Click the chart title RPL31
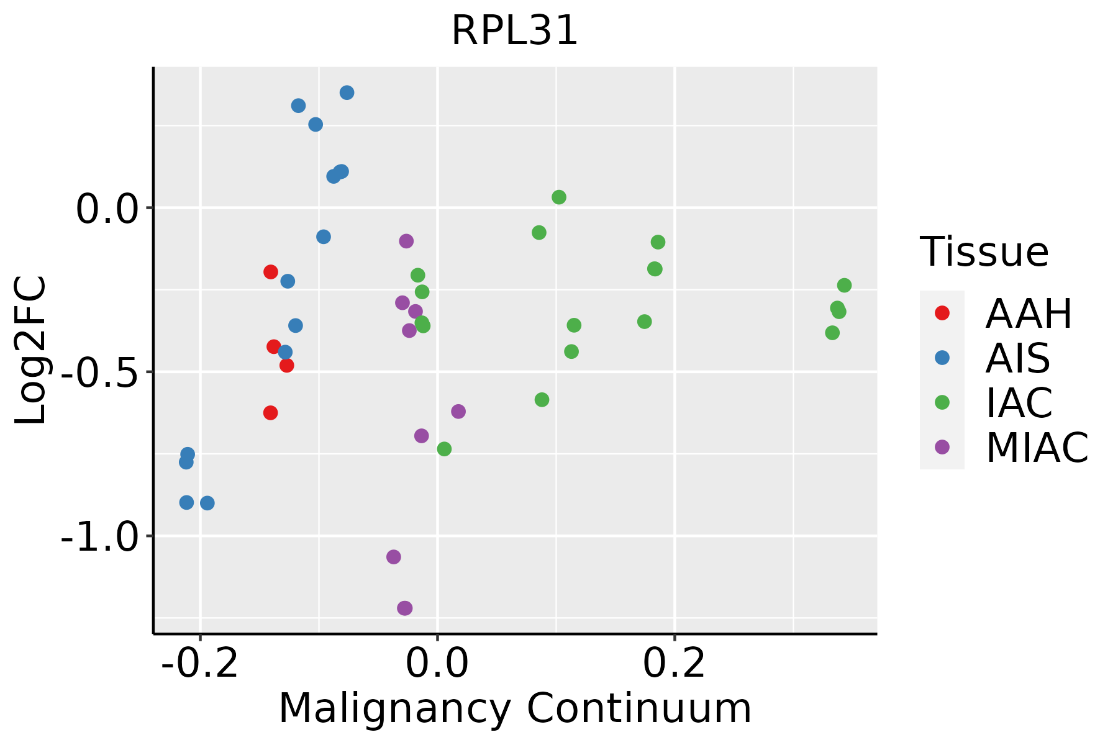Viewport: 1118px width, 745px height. pyautogui.click(x=514, y=31)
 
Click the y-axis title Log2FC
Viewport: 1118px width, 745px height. pyautogui.click(x=31, y=351)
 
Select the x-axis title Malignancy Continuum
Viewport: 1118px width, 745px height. pyautogui.click(x=514, y=708)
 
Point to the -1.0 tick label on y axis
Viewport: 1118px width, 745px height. pyautogui.click(x=99, y=536)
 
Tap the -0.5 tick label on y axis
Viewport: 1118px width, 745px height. pyautogui.click(x=99, y=372)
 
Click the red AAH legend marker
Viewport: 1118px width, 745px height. pyautogui.click(x=942, y=313)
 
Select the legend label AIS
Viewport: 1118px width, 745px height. pyautogui.click(x=1017, y=358)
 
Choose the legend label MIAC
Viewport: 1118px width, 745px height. pyautogui.click(x=1037, y=448)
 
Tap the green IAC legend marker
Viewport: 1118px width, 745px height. pyautogui.click(x=942, y=402)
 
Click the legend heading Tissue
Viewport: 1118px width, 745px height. pyautogui.click(x=984, y=252)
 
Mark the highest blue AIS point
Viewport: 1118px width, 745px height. pyautogui.click(x=347, y=93)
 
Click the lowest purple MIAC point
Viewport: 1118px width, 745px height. pyautogui.click(x=405, y=608)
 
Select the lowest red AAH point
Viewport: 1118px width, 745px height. pyautogui.click(x=270, y=413)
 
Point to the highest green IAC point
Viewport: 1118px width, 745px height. pyautogui.click(x=559, y=197)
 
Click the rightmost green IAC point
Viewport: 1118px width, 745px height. pyautogui.click(x=844, y=286)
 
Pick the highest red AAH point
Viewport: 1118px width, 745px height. pyautogui.click(x=270, y=272)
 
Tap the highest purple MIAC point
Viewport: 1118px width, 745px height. pyautogui.click(x=406, y=241)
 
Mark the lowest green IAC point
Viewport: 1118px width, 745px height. pyautogui.click(x=444, y=449)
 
